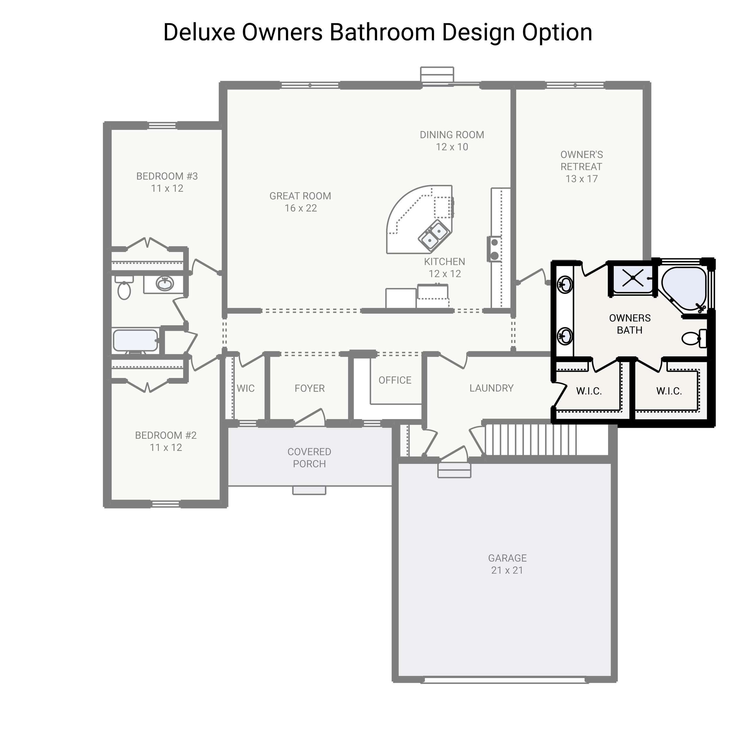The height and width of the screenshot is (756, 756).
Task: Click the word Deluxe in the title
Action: (x=198, y=32)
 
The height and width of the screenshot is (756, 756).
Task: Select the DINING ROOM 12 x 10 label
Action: (x=452, y=141)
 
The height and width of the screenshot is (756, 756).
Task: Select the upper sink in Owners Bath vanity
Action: (x=565, y=284)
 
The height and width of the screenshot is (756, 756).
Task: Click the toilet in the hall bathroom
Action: (x=124, y=289)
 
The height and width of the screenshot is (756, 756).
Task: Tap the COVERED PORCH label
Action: (x=309, y=458)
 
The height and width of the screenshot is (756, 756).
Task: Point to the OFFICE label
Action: (x=395, y=380)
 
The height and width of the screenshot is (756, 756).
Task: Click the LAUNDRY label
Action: (x=491, y=388)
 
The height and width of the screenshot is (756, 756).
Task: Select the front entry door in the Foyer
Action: (x=310, y=418)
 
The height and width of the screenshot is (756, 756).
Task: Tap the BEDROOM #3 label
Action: (x=167, y=182)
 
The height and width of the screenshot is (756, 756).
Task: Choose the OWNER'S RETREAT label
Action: (x=581, y=167)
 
